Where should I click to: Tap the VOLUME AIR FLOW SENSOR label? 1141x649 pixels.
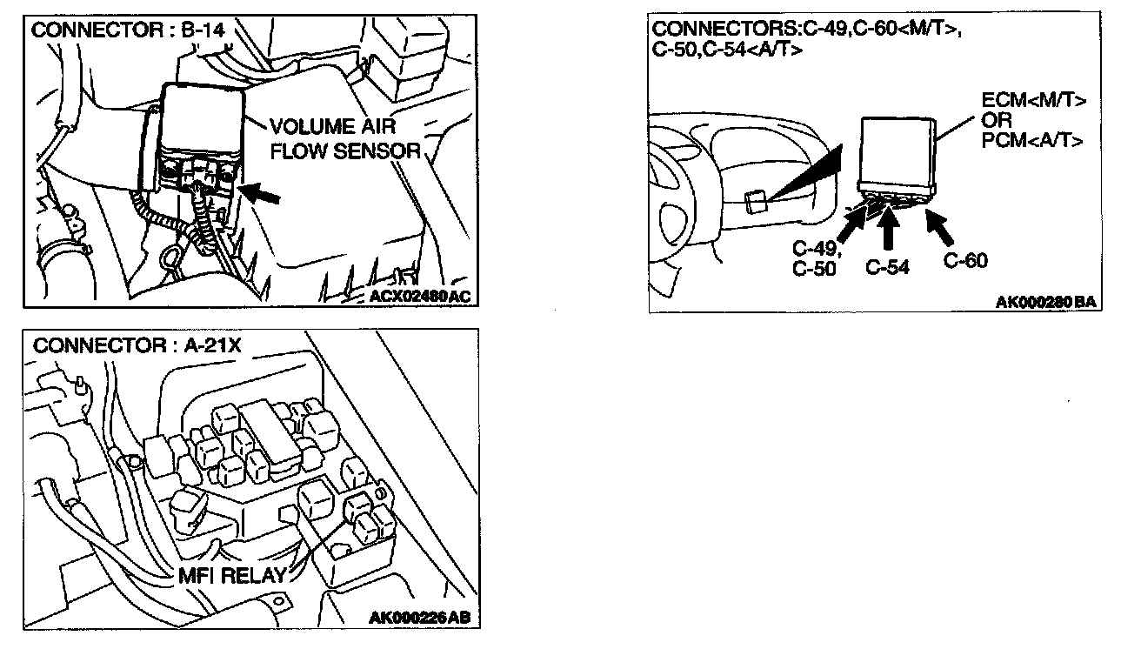coord(344,137)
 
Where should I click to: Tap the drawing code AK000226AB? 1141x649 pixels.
coord(420,619)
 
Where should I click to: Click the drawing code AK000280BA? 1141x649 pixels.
coord(1044,303)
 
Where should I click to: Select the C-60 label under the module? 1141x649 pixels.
coord(965,260)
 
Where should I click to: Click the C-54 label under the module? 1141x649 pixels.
coord(888,267)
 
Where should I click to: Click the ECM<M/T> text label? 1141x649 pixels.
coord(1033,101)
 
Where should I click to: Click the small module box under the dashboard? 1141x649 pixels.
coord(756,201)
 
